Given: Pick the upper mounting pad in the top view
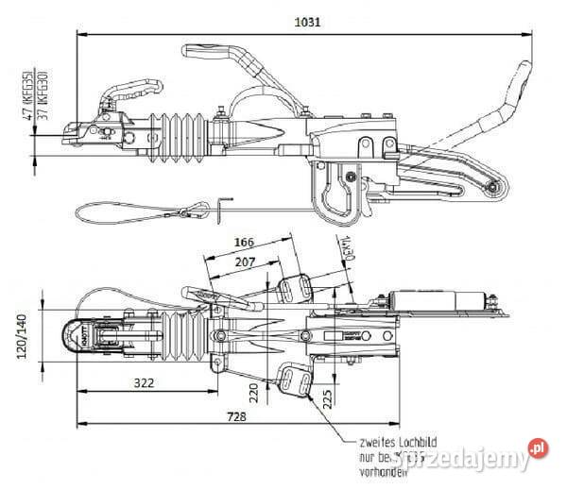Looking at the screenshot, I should [x=297, y=288].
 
